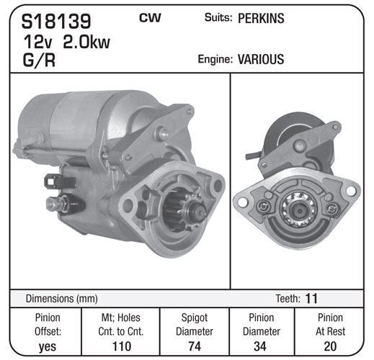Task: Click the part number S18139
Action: (x=56, y=21)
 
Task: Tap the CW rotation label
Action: (x=150, y=18)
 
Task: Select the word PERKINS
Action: (x=261, y=18)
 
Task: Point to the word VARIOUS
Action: (x=261, y=59)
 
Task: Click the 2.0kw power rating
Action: (x=86, y=42)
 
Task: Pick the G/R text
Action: (x=39, y=60)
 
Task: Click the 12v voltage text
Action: (x=37, y=42)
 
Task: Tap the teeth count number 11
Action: (x=311, y=298)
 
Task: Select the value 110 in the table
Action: (x=122, y=346)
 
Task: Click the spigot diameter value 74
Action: (x=195, y=346)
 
